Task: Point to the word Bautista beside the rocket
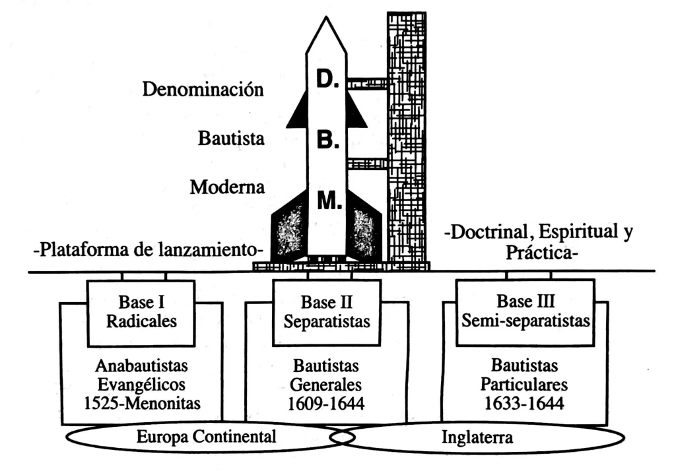coord(232,139)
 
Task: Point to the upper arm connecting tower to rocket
coord(367,84)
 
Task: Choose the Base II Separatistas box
coord(326,312)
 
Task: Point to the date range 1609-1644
coord(326,402)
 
